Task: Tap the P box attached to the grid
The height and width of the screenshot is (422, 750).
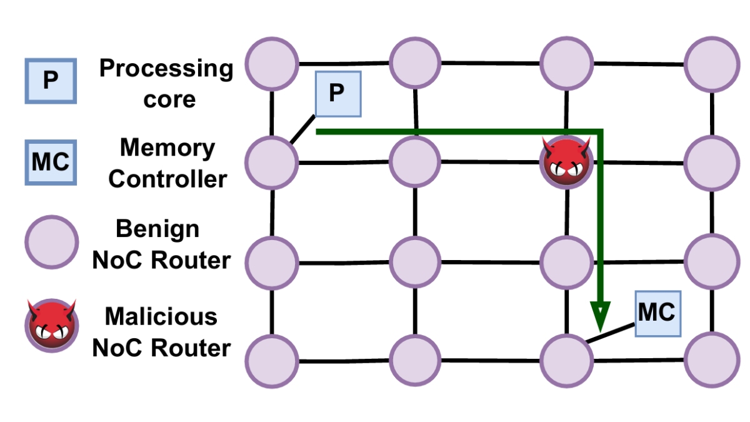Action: pyautogui.click(x=337, y=94)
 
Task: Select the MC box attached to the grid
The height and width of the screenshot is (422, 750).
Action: pyautogui.click(x=657, y=313)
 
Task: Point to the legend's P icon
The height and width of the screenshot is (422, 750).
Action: pyautogui.click(x=51, y=81)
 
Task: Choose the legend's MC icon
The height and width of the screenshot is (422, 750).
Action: pyautogui.click(x=51, y=163)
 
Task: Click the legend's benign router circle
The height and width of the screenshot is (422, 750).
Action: pyautogui.click(x=51, y=243)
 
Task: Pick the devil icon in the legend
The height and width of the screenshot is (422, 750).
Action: pyautogui.click(x=51, y=324)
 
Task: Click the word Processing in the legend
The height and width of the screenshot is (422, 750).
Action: pyautogui.click(x=166, y=68)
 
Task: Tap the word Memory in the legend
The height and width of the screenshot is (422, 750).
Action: pyautogui.click(x=167, y=148)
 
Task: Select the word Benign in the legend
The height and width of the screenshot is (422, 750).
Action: pyautogui.click(x=157, y=229)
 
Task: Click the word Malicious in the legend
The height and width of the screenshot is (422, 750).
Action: pyautogui.click(x=161, y=316)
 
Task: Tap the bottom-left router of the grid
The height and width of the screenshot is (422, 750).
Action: pyautogui.click(x=271, y=361)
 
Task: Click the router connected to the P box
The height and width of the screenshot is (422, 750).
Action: pyautogui.click(x=271, y=161)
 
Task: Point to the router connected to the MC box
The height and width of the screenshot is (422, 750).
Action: pyautogui.click(x=566, y=361)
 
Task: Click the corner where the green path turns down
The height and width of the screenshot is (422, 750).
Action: pyautogui.click(x=600, y=132)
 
